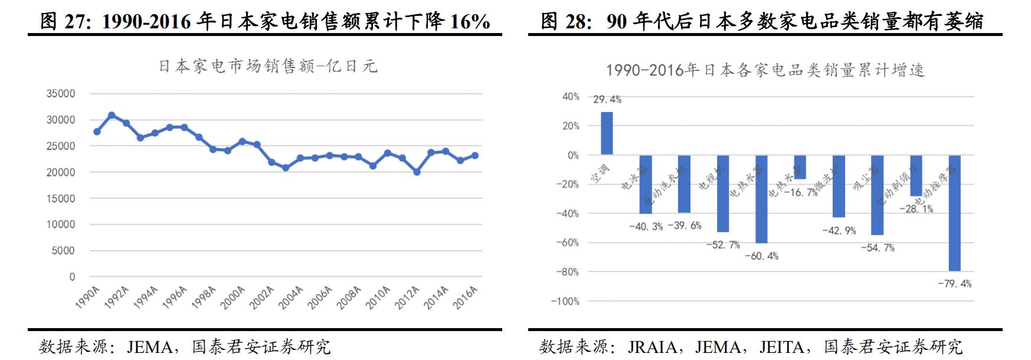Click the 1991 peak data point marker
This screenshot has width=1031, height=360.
112,116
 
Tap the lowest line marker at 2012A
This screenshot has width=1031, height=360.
417,172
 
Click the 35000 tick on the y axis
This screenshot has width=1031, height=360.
61,94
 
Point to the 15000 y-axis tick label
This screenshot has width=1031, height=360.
61,198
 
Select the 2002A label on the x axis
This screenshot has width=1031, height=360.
261,297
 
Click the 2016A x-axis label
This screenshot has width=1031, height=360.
465,297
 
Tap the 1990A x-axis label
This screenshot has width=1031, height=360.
87,297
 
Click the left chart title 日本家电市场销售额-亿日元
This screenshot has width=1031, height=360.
268,66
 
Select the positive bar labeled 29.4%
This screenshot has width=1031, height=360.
607,133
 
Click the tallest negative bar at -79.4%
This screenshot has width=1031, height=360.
954,213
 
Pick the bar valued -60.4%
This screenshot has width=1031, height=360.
761,199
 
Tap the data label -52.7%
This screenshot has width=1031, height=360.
723,245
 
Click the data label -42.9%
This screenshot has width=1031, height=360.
839,231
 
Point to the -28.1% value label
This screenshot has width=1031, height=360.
916,209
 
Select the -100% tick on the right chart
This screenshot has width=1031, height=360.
565,302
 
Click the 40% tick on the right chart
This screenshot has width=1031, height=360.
570,96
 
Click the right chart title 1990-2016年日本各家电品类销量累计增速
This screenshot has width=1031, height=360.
765,71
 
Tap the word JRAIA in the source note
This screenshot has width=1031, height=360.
652,347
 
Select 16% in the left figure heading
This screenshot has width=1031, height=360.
470,22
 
